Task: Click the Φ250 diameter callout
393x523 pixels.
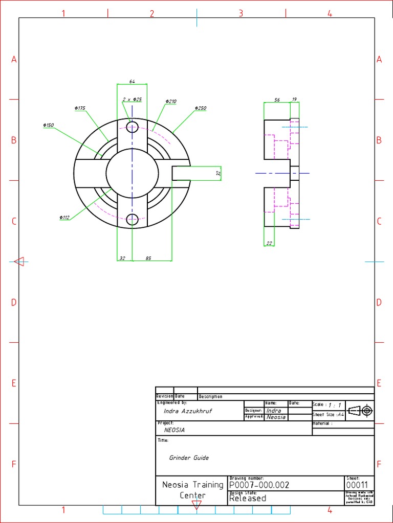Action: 201,108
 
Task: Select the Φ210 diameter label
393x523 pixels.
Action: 171,102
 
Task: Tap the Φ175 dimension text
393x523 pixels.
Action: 80,108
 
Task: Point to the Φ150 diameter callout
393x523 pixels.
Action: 49,125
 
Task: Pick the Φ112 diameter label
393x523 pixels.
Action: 64,218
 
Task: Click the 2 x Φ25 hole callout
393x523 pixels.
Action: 132,100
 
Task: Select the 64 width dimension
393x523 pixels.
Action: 132,81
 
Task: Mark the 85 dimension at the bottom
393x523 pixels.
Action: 148,258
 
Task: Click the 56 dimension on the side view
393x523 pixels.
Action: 277,100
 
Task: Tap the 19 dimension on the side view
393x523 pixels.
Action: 294,100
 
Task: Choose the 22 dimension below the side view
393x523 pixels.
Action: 269,244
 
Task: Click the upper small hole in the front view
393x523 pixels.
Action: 133,127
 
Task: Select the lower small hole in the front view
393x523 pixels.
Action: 133,220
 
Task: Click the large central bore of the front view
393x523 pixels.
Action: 132,174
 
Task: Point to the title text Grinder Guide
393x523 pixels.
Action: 189,458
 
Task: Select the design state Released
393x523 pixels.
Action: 248,498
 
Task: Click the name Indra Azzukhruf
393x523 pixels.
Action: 187,411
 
